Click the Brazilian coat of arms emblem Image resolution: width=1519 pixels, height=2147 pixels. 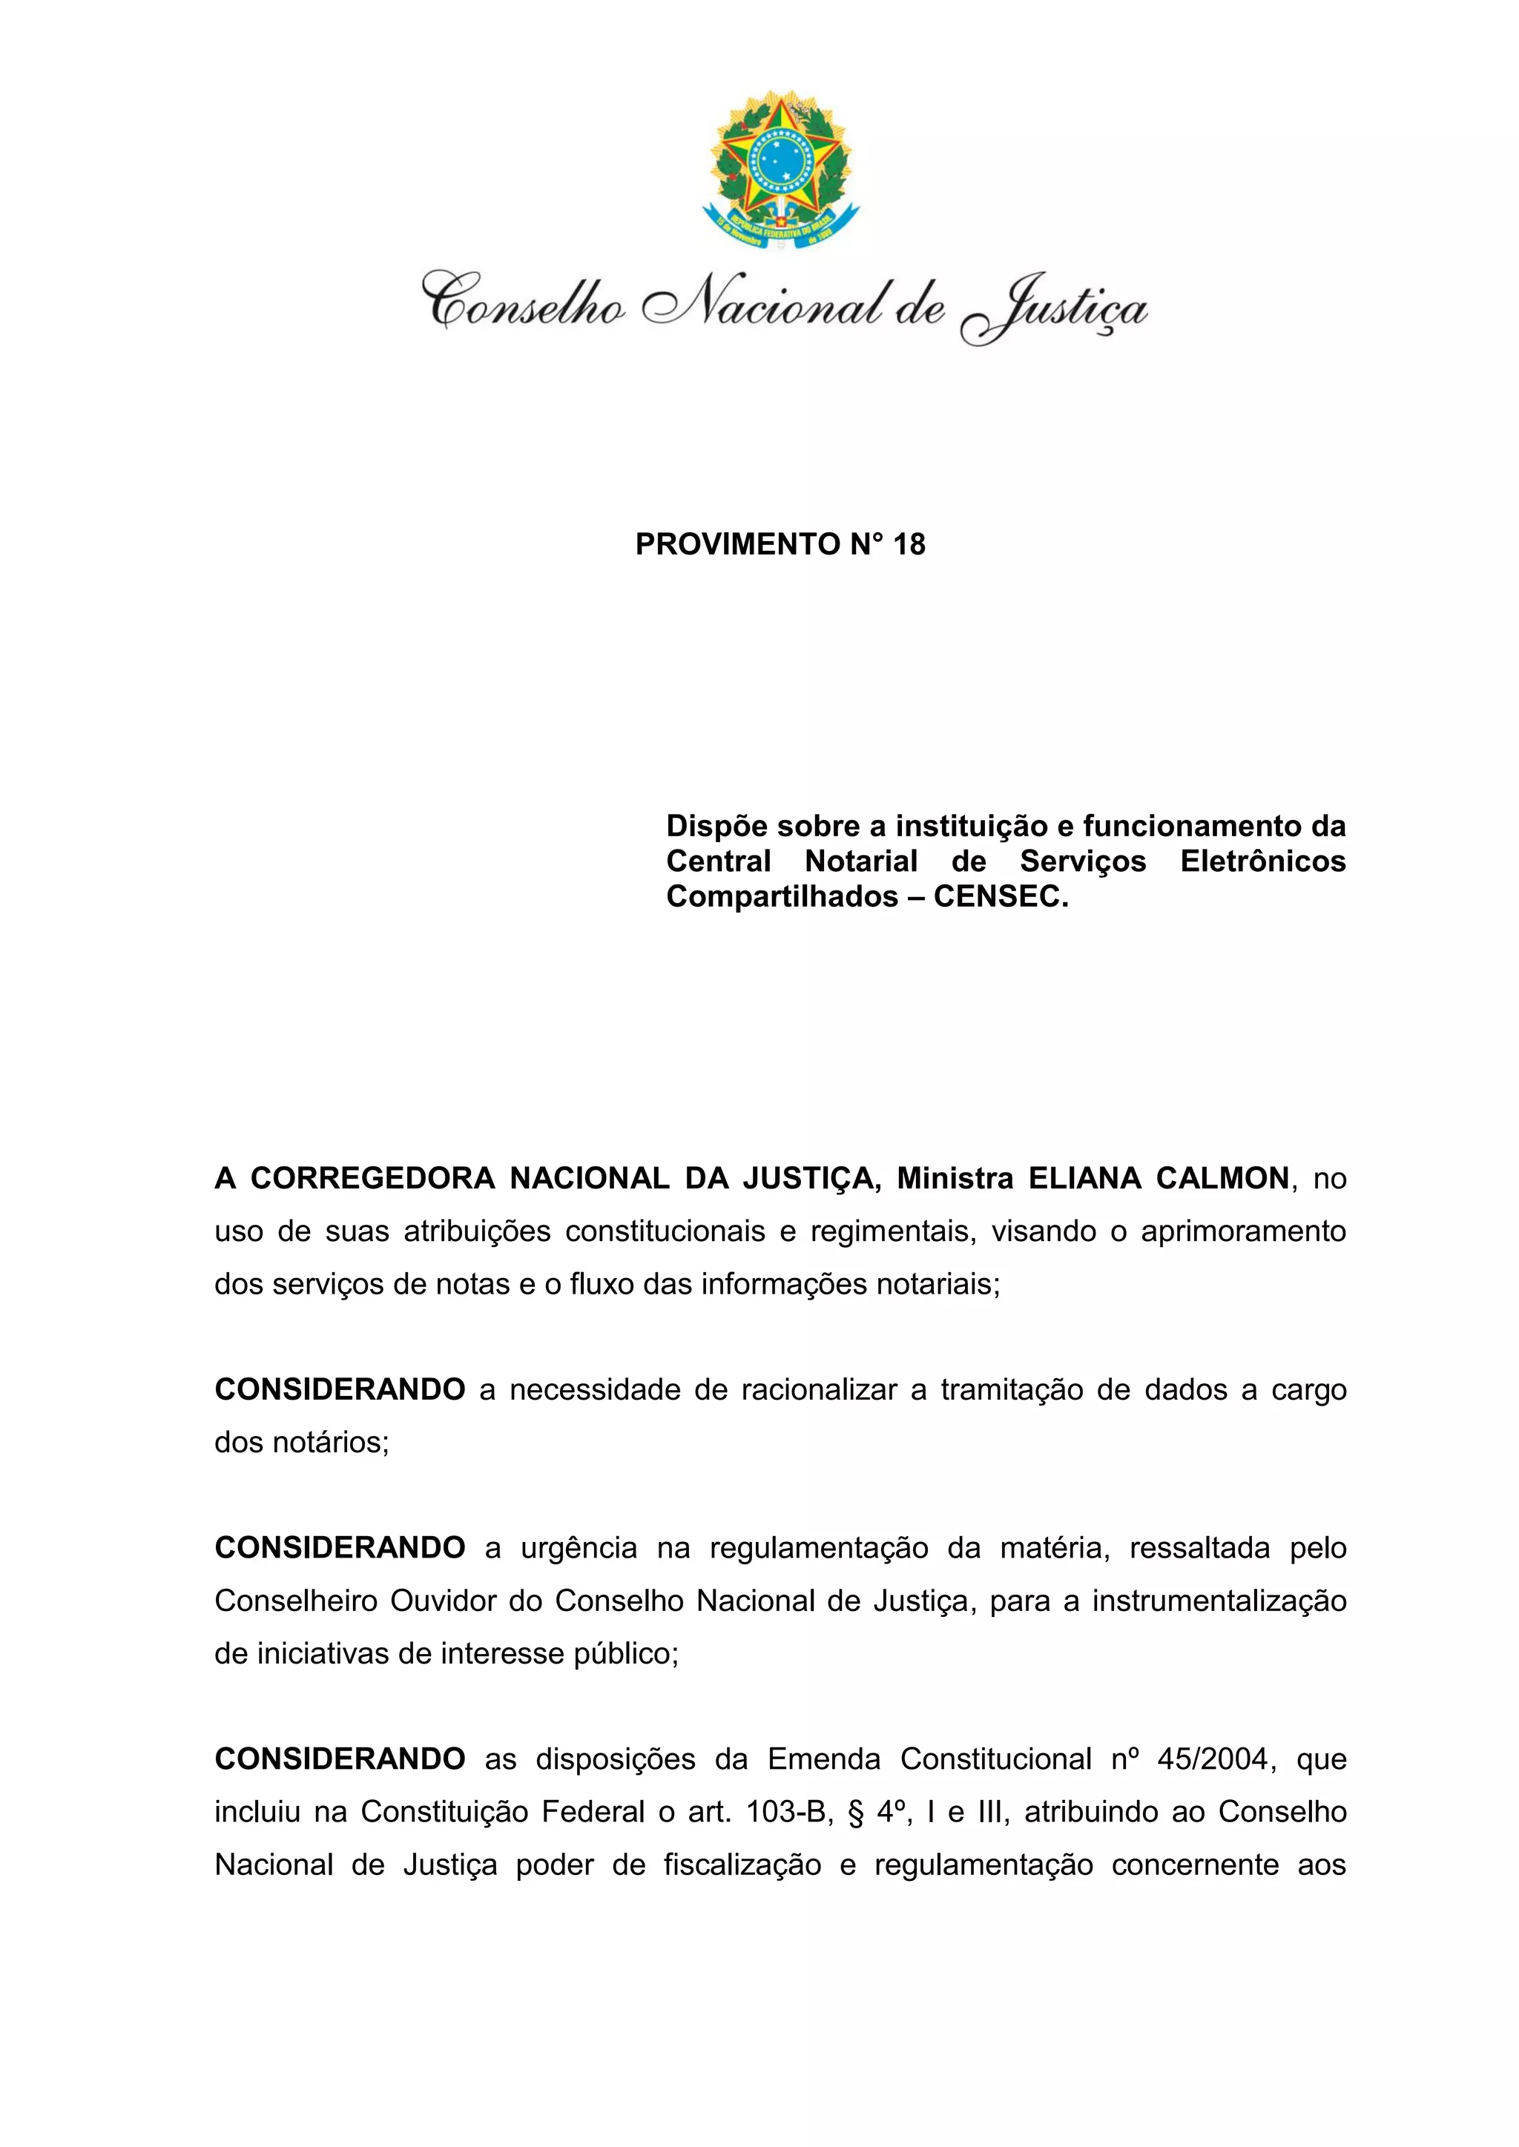(780, 171)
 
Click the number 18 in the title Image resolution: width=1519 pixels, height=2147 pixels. (909, 544)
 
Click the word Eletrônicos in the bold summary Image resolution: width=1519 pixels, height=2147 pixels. (1262, 861)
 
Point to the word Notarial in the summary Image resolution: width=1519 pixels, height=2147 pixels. (861, 861)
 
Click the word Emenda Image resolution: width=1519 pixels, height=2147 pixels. (824, 1759)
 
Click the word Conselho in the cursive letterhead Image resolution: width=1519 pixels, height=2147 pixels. (524, 301)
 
